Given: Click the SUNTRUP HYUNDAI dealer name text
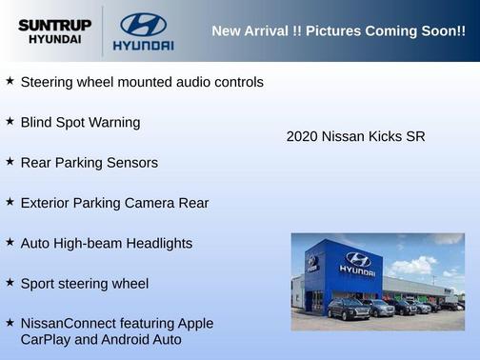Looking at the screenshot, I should (x=55, y=31).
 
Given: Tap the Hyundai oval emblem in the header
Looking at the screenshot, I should (x=143, y=25).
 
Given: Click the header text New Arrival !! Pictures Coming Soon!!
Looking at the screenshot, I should (x=338, y=31).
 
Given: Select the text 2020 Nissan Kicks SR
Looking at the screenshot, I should (x=355, y=136).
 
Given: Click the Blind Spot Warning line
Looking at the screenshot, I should (x=80, y=123).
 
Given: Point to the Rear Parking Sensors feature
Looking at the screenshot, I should (x=89, y=163).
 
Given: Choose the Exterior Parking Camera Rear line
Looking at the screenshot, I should (x=114, y=203).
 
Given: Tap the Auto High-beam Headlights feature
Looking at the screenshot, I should (x=106, y=243).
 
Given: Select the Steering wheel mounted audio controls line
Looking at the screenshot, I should (x=142, y=83).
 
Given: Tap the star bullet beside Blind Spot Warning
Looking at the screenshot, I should (x=10, y=121).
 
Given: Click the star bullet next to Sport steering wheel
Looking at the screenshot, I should (x=10, y=281).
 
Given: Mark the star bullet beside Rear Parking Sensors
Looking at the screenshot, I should (x=10, y=161).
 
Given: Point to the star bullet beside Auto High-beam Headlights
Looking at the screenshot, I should (x=10, y=241).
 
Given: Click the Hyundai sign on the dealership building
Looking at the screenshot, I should (x=358, y=262).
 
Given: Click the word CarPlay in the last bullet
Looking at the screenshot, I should (x=47, y=339).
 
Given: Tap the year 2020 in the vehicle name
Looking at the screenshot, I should (x=302, y=136).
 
